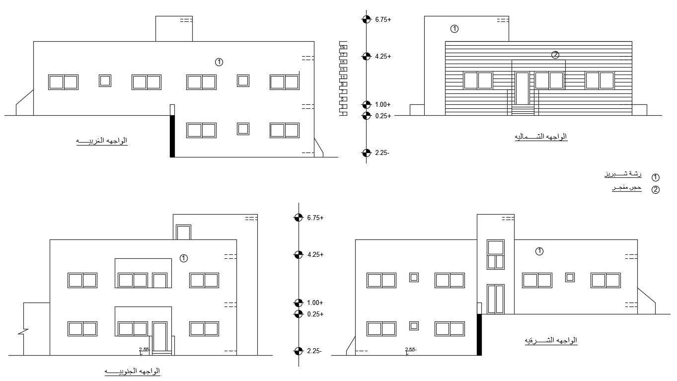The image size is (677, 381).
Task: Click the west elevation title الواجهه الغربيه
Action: [101, 141]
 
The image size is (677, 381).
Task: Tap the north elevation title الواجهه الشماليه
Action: [541, 137]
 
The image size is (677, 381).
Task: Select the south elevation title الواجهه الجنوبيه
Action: [132, 371]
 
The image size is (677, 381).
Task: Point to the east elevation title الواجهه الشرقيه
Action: [551, 340]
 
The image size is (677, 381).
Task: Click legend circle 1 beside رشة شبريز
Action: [656, 177]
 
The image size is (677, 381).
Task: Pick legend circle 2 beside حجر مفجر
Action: [656, 189]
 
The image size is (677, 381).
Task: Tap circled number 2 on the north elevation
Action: [555, 55]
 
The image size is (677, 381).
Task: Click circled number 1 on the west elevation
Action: [219, 62]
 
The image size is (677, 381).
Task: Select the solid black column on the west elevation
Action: [172, 136]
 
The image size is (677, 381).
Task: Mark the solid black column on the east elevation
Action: [479, 334]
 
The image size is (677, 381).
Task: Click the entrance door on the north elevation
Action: [522, 88]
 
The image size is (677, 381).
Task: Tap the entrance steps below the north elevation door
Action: [523, 110]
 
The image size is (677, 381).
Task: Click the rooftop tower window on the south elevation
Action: [183, 232]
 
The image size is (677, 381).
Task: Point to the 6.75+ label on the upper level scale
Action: [383, 20]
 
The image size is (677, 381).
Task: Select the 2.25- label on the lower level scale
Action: [314, 351]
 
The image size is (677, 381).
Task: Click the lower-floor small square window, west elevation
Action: [243, 129]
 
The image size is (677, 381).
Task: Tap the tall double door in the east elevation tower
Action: [495, 299]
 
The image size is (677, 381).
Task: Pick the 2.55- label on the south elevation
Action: [144, 350]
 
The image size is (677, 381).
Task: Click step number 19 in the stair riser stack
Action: [343, 47]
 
